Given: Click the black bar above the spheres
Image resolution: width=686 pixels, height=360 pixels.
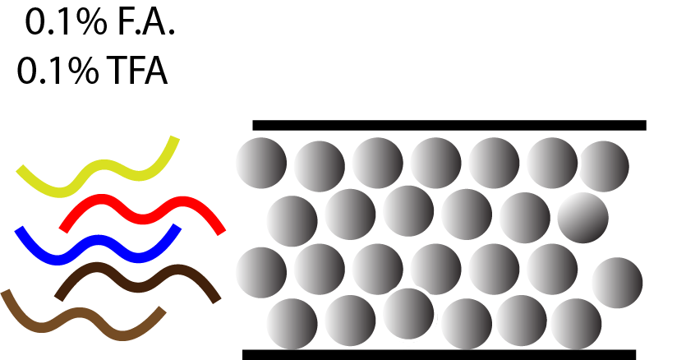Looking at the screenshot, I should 449,125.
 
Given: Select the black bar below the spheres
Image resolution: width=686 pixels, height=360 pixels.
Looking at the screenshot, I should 439,354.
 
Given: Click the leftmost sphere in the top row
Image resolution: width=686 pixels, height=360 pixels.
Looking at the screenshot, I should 261,162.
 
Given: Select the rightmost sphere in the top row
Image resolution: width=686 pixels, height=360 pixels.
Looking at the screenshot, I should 604,166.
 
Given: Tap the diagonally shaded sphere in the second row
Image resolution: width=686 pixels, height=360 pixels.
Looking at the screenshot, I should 582,218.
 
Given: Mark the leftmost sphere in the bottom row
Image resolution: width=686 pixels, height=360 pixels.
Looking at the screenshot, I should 292,323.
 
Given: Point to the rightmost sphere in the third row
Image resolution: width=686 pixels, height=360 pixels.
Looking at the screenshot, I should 617,282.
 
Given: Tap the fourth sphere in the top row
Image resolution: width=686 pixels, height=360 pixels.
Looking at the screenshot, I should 436,162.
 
